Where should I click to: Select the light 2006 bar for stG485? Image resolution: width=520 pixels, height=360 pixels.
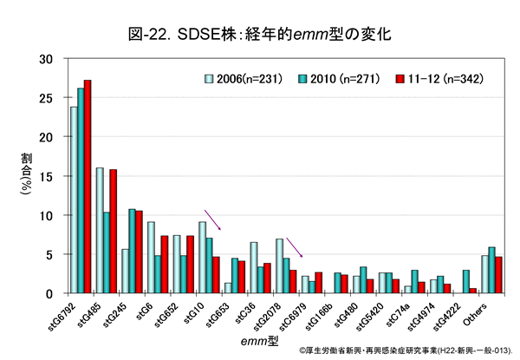tap(100, 230)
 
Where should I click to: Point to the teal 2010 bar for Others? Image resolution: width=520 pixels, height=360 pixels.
tap(492, 270)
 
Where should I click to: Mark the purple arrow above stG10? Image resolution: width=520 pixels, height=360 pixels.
tap(213, 219)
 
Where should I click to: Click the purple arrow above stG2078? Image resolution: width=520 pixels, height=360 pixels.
tap(294, 247)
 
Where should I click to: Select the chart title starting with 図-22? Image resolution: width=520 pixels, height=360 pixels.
tap(261, 35)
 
